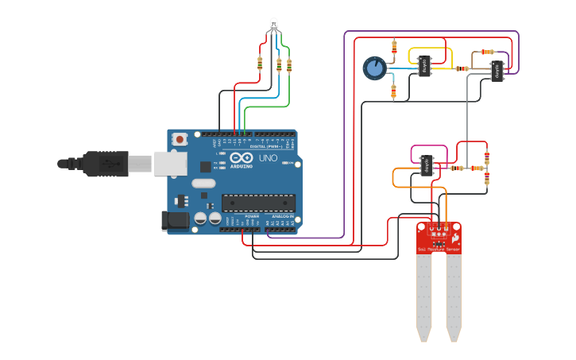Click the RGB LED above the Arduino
click(x=273, y=25)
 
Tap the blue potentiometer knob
click(x=374, y=68)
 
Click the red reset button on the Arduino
click(x=180, y=140)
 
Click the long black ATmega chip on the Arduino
click(x=257, y=203)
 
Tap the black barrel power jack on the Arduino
click(x=176, y=221)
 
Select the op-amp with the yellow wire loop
click(x=425, y=66)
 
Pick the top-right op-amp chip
click(x=497, y=70)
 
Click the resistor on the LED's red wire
click(x=260, y=64)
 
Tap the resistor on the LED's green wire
click(x=288, y=66)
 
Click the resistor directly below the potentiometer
click(x=393, y=92)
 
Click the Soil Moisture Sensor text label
click(x=439, y=250)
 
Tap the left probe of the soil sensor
click(x=424, y=298)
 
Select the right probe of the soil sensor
click(x=454, y=298)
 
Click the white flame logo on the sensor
click(x=455, y=237)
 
